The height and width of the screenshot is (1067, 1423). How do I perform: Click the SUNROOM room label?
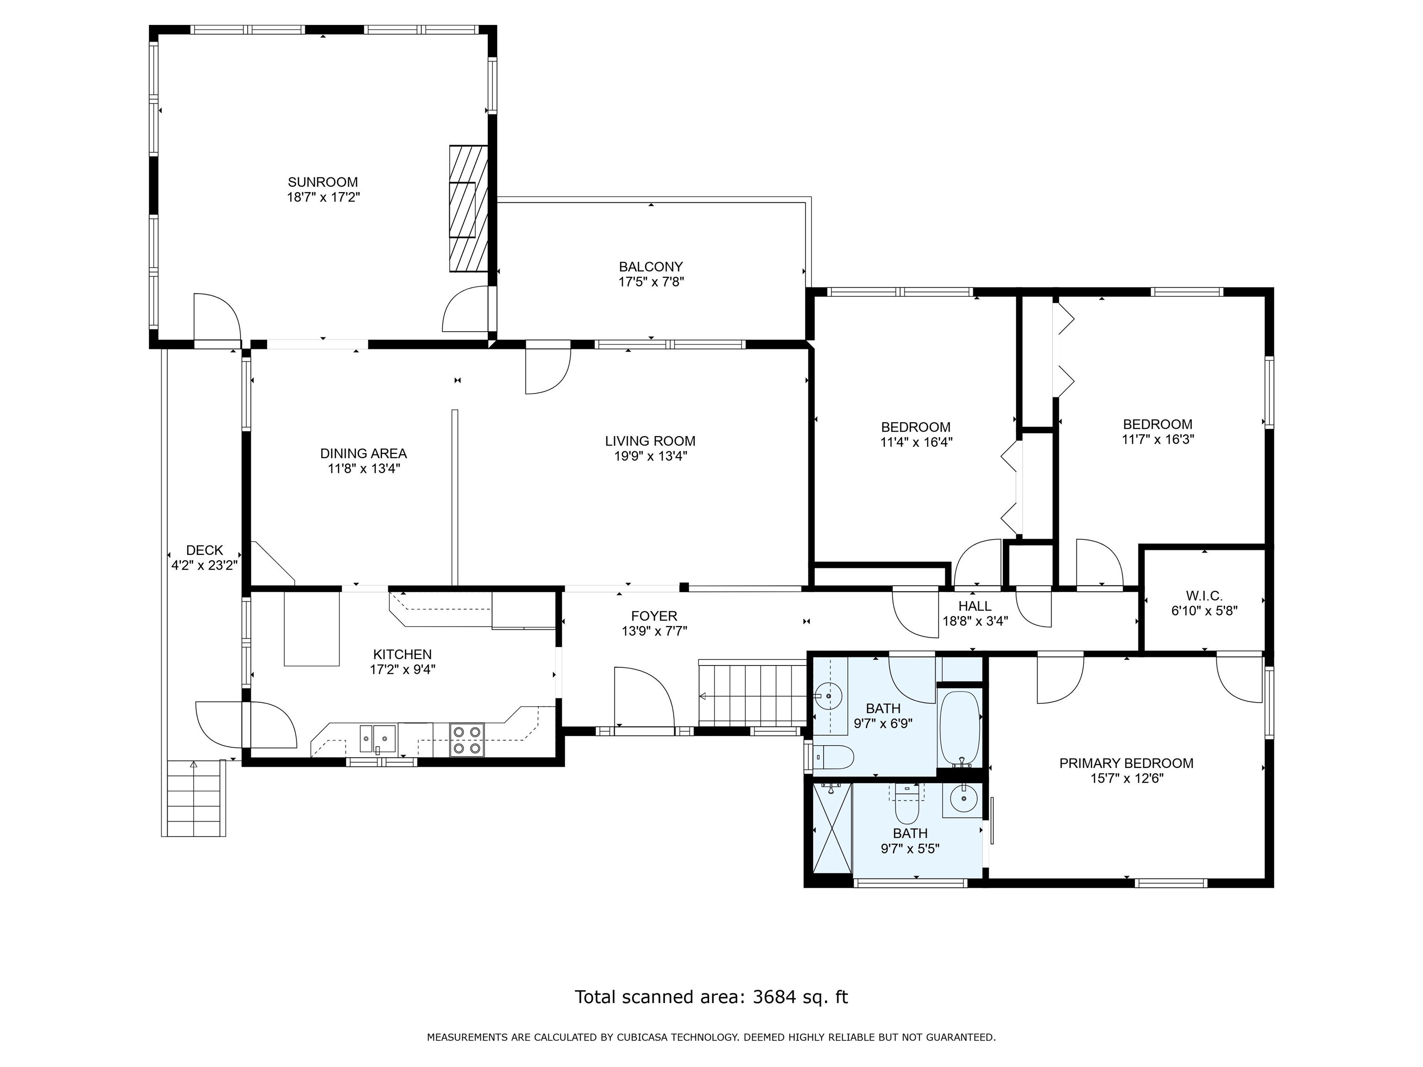323,182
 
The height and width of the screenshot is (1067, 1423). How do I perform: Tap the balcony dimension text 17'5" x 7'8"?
651,282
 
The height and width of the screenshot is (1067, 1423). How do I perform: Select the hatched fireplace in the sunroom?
468,208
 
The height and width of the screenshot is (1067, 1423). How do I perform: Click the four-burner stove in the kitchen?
467,740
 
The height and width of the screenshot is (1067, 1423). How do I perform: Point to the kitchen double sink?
378,738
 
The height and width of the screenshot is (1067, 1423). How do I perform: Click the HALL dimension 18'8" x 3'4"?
975,621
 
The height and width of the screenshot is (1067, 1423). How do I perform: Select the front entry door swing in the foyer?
644,697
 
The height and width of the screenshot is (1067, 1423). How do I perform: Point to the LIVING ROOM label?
650,441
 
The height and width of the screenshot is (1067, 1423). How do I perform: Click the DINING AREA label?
364,453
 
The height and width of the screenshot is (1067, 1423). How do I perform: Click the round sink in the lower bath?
963,799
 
